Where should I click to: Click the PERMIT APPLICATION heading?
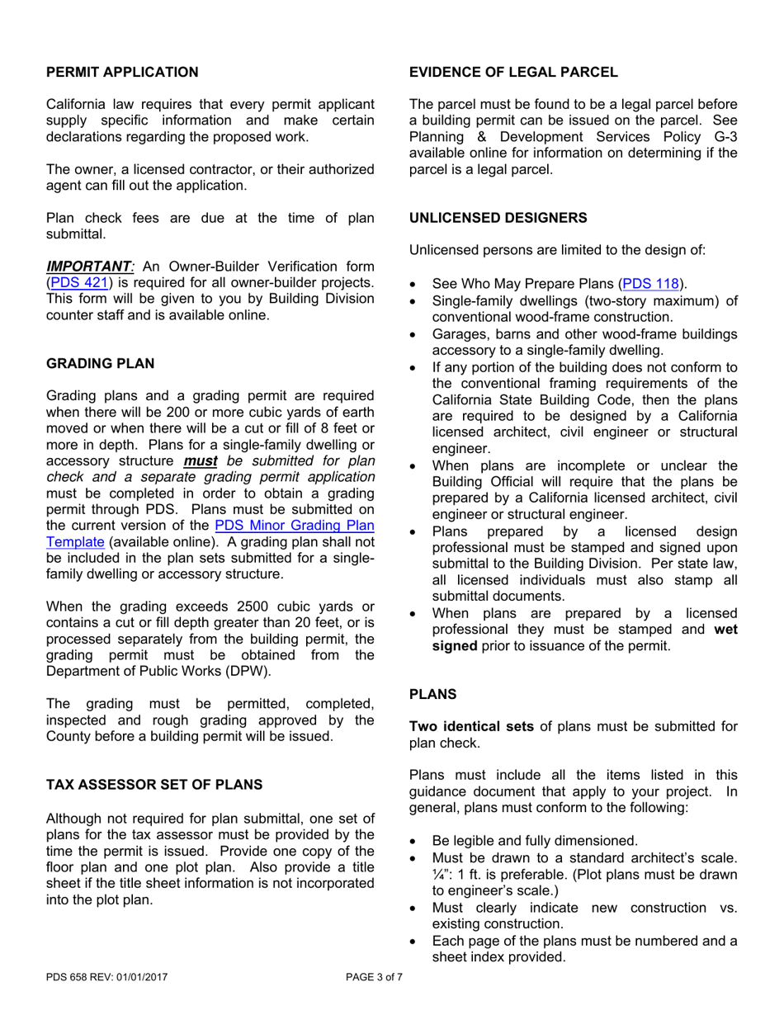pos(122,72)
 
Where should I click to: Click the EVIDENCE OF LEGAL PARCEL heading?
pos(513,72)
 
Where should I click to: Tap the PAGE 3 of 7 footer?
pos(374,979)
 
